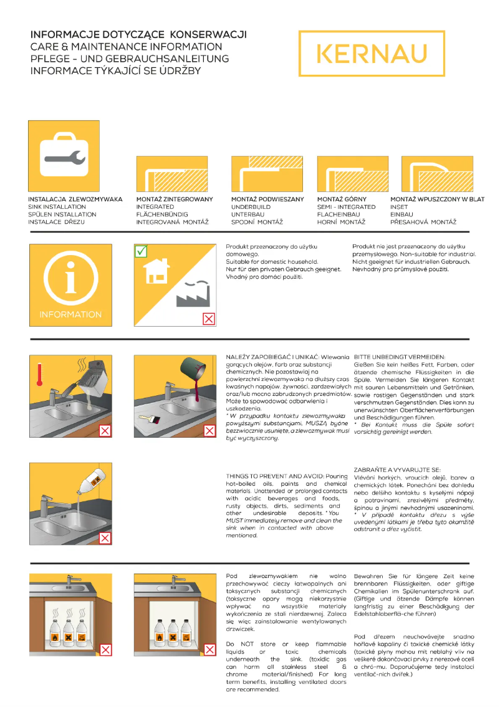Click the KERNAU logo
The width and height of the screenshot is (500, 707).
pyautogui.click(x=372, y=54)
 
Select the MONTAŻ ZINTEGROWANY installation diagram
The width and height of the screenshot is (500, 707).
pyautogui.click(x=171, y=174)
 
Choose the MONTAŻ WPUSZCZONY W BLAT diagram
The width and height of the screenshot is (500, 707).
pyautogui.click(x=437, y=174)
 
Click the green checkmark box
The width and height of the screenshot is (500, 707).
pyautogui.click(x=142, y=251)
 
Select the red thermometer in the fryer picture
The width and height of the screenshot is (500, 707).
pyautogui.click(x=39, y=376)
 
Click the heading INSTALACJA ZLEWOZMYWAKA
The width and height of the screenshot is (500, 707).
pyautogui.click(x=75, y=200)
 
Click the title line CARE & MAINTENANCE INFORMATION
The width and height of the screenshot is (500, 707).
pyautogui.click(x=126, y=47)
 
